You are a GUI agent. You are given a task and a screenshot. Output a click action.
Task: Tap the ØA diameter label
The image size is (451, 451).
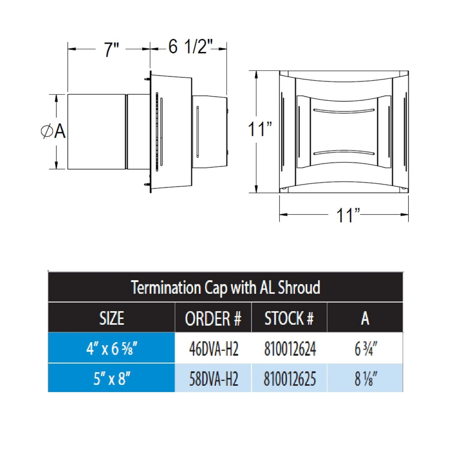[x=53, y=131]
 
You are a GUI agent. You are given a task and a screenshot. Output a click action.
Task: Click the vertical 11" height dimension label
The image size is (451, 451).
[x=260, y=129]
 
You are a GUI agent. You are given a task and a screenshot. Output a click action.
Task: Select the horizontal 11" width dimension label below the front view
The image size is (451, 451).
[x=348, y=215]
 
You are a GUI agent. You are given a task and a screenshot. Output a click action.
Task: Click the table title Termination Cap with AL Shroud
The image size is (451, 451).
[x=226, y=287]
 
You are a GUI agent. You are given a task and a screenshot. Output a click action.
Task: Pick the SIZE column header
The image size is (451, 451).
[x=112, y=318]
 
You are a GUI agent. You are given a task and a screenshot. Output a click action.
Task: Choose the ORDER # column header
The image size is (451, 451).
[x=213, y=318]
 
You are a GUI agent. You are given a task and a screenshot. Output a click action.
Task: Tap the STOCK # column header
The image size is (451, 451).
[x=289, y=318]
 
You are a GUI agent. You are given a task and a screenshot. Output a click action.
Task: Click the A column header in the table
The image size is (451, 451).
[x=365, y=318]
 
